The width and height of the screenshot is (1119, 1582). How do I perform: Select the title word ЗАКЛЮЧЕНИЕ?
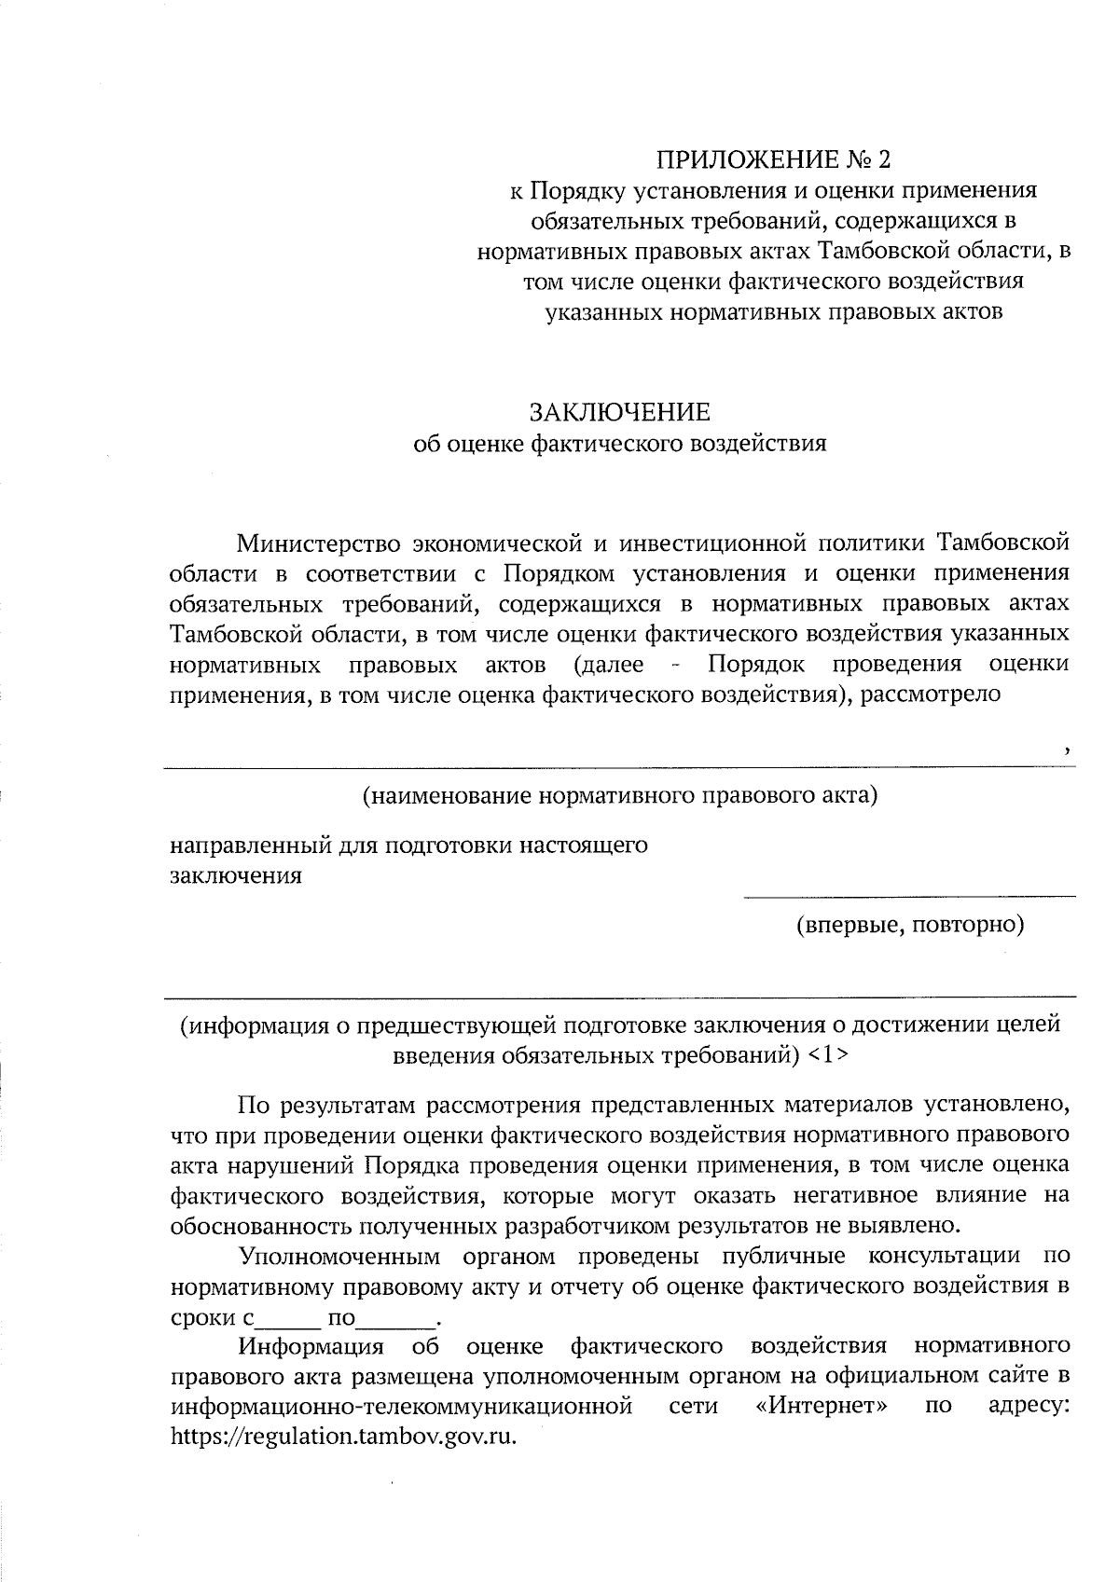point(620,412)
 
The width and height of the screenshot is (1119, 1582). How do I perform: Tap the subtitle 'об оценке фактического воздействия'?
point(620,444)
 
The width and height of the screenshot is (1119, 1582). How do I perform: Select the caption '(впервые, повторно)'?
point(909,925)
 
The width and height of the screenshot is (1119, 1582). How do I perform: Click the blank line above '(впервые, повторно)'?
point(909,896)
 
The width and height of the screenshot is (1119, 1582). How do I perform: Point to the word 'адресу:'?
point(1029,1406)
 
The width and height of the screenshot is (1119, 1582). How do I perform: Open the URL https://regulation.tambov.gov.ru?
point(343,1437)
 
